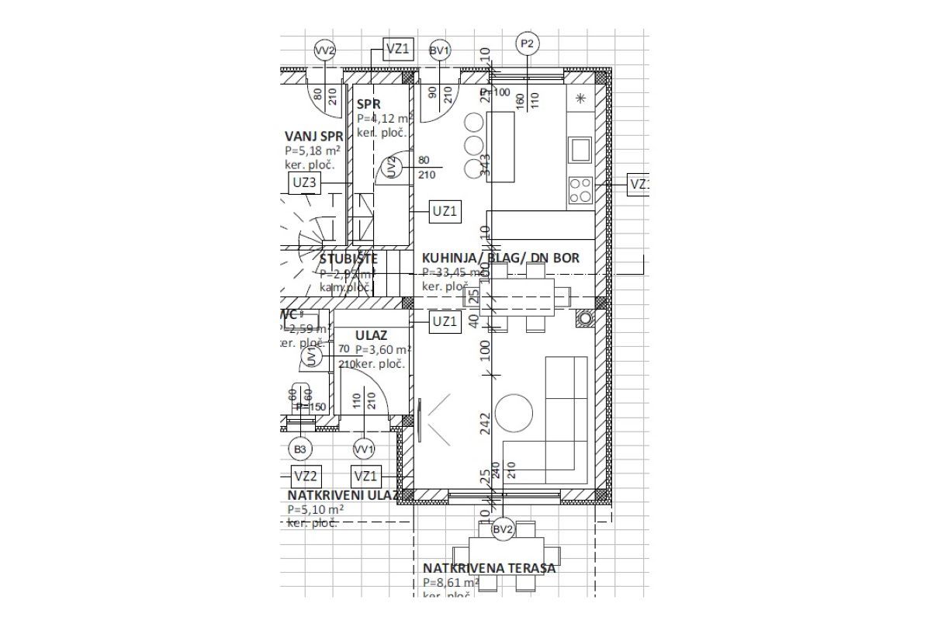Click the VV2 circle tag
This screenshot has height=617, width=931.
tap(324, 51)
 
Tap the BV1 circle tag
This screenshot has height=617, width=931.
tap(440, 51)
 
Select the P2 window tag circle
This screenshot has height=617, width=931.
tap(528, 43)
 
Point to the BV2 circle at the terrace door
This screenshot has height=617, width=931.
tap(503, 529)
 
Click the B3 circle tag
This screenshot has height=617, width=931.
tap(300, 449)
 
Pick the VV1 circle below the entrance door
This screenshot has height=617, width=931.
tap(363, 449)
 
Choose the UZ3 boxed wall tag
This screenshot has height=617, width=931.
tap(303, 183)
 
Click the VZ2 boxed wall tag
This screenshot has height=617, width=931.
tap(305, 476)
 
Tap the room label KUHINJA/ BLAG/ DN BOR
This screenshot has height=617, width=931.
tap(500, 258)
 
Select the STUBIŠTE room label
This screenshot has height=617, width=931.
tap(349, 258)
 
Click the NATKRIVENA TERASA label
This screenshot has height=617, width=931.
tap(489, 568)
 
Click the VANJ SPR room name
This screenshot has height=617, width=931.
tap(313, 135)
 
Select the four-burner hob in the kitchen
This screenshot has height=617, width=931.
tap(580, 189)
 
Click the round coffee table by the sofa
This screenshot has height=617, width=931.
tap(514, 413)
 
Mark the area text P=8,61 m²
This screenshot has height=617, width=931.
tap(451, 582)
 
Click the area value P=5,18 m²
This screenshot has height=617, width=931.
tap(313, 151)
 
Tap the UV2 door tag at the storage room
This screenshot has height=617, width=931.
tap(392, 167)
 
